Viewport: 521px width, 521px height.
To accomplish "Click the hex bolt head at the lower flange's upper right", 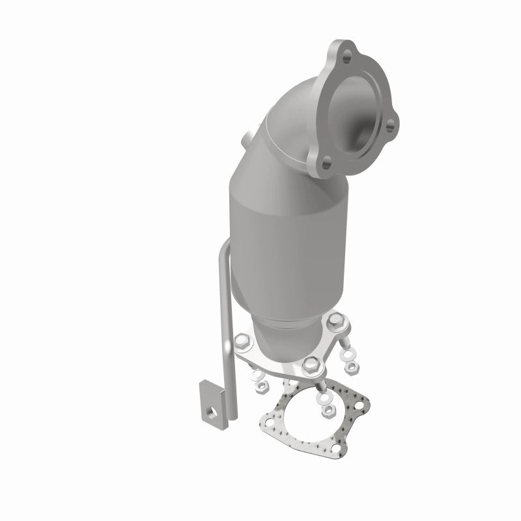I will [x=336, y=320].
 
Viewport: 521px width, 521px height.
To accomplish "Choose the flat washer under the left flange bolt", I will [x=258, y=374].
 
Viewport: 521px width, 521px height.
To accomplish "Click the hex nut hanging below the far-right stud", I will [x=352, y=367].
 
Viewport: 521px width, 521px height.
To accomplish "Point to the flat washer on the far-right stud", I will [x=348, y=354].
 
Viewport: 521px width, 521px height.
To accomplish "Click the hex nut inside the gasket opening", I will [x=328, y=410].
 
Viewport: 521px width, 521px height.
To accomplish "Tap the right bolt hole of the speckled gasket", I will [x=359, y=405].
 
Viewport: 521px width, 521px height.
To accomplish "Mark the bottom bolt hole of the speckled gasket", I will [x=336, y=448].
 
